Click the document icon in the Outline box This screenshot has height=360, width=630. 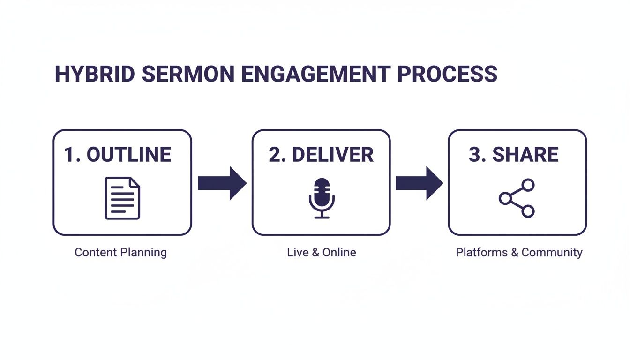(x=122, y=198)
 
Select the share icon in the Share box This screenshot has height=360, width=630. (x=517, y=198)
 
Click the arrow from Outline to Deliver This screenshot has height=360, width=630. (x=222, y=183)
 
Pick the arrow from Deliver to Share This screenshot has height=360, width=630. (x=419, y=183)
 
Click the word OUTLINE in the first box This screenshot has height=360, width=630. (x=129, y=155)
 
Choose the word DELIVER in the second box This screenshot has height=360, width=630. (x=332, y=155)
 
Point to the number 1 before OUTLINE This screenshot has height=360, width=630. (x=69, y=155)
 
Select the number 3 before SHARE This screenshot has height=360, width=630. (x=474, y=155)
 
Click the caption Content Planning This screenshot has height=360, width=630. (x=120, y=252)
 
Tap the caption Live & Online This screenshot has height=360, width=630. (x=322, y=252)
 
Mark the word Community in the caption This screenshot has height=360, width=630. (x=552, y=252)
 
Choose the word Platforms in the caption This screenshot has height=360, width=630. (x=482, y=252)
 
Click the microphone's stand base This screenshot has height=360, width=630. (x=322, y=217)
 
